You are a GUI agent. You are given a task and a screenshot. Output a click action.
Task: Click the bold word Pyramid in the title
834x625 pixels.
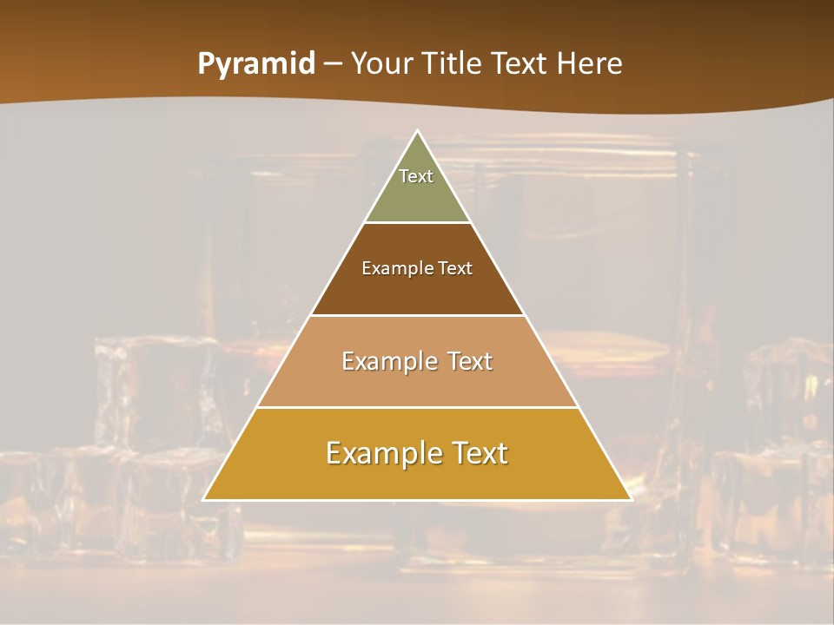(256, 64)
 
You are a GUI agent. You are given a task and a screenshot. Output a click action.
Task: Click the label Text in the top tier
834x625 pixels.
(416, 176)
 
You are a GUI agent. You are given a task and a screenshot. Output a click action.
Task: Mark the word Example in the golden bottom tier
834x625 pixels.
(381, 453)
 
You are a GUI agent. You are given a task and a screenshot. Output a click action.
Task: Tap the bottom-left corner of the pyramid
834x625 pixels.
(203, 499)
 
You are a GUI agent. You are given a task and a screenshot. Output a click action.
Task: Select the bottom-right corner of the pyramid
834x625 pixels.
(631, 499)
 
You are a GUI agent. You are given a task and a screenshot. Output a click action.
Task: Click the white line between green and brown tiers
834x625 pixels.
(417, 223)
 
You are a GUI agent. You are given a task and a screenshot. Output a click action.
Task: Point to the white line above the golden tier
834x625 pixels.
(417, 407)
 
